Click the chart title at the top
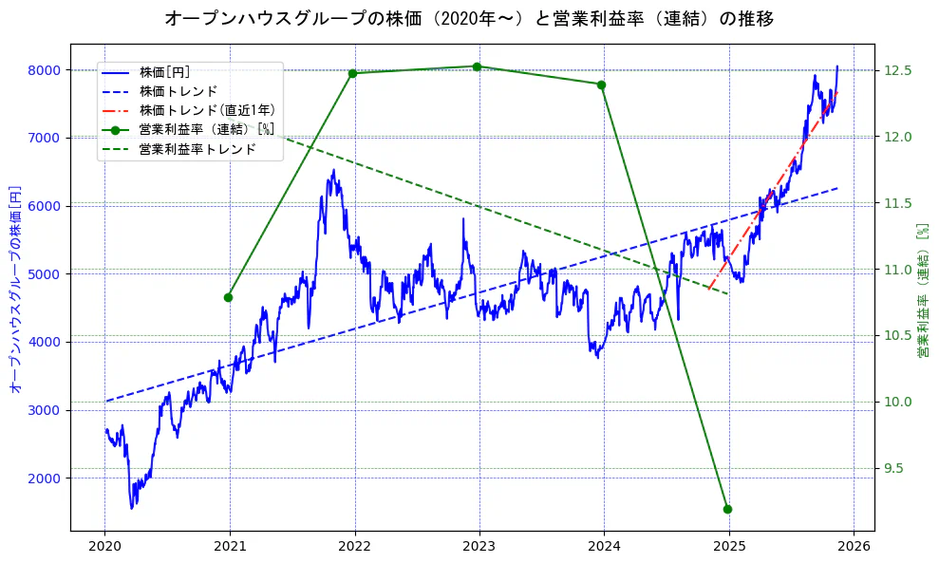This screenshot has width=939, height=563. (x=469, y=18)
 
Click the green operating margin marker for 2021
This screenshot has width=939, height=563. (x=228, y=297)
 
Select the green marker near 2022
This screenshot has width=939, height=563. (x=352, y=73)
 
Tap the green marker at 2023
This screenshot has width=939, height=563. (x=477, y=66)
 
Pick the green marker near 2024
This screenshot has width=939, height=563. (x=601, y=84)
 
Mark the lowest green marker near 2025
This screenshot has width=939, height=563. (x=727, y=509)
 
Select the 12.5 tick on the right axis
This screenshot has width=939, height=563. (x=898, y=70)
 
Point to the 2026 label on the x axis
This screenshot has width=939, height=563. (x=853, y=547)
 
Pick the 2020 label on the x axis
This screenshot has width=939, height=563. (x=104, y=547)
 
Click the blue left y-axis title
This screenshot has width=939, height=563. (x=15, y=289)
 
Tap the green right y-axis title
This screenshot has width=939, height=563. (x=923, y=289)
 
